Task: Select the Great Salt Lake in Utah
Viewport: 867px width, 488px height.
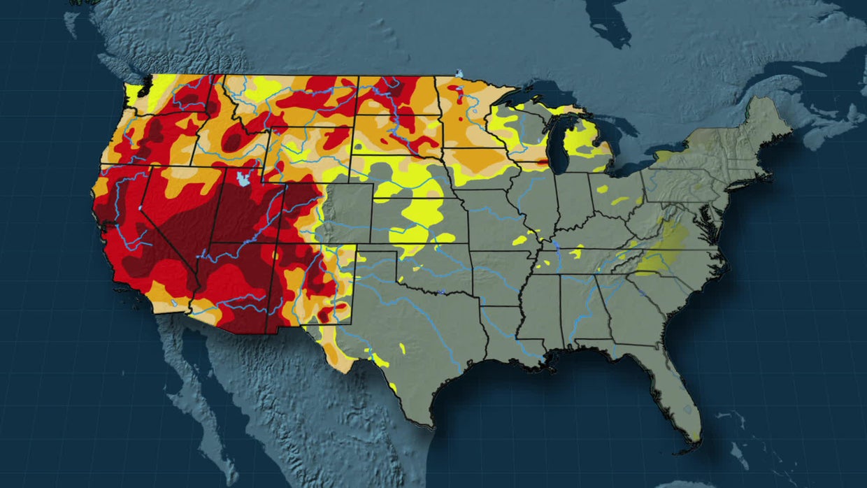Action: [x=243, y=179]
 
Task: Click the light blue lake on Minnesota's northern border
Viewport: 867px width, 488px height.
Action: [x=459, y=73]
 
